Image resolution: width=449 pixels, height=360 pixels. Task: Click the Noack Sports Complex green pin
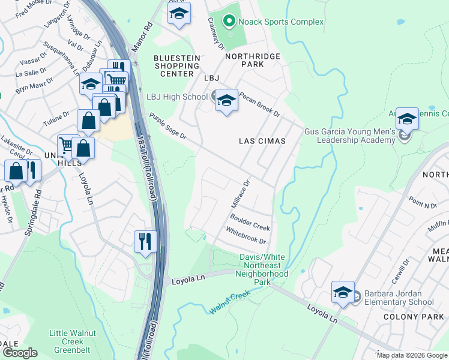click(229, 22)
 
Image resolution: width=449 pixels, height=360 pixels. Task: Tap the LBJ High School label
click(177, 97)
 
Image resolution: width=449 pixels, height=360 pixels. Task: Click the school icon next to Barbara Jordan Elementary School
click(343, 293)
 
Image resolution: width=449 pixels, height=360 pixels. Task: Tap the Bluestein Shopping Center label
click(176, 65)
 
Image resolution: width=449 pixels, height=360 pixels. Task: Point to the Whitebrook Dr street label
click(246, 236)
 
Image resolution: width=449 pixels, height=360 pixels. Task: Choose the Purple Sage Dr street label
click(168, 127)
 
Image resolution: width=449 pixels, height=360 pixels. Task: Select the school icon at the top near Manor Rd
click(178, 15)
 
